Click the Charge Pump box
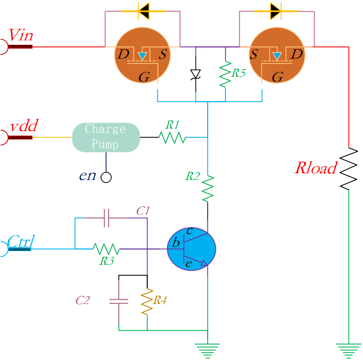106,137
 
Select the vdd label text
24,126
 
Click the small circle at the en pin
106,177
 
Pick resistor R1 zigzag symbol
172,137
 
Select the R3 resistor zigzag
106,249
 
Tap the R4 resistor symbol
147,302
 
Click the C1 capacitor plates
107,218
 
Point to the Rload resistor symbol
349,169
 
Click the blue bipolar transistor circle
192,249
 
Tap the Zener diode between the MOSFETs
195,73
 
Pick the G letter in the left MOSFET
144,77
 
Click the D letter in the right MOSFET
297,54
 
